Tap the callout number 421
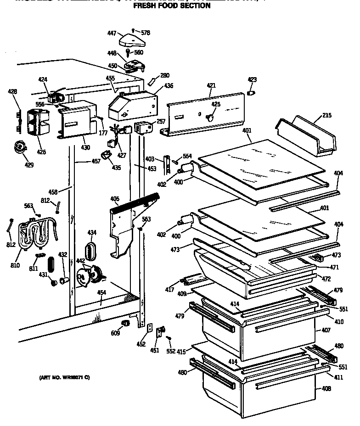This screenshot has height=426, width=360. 211,85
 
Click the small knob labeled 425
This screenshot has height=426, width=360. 211,118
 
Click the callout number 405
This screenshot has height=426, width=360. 114,199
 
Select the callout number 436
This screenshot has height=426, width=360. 169,85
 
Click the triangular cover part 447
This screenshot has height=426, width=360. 132,42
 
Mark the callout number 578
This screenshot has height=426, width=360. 146,33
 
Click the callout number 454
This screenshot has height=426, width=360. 101,292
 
